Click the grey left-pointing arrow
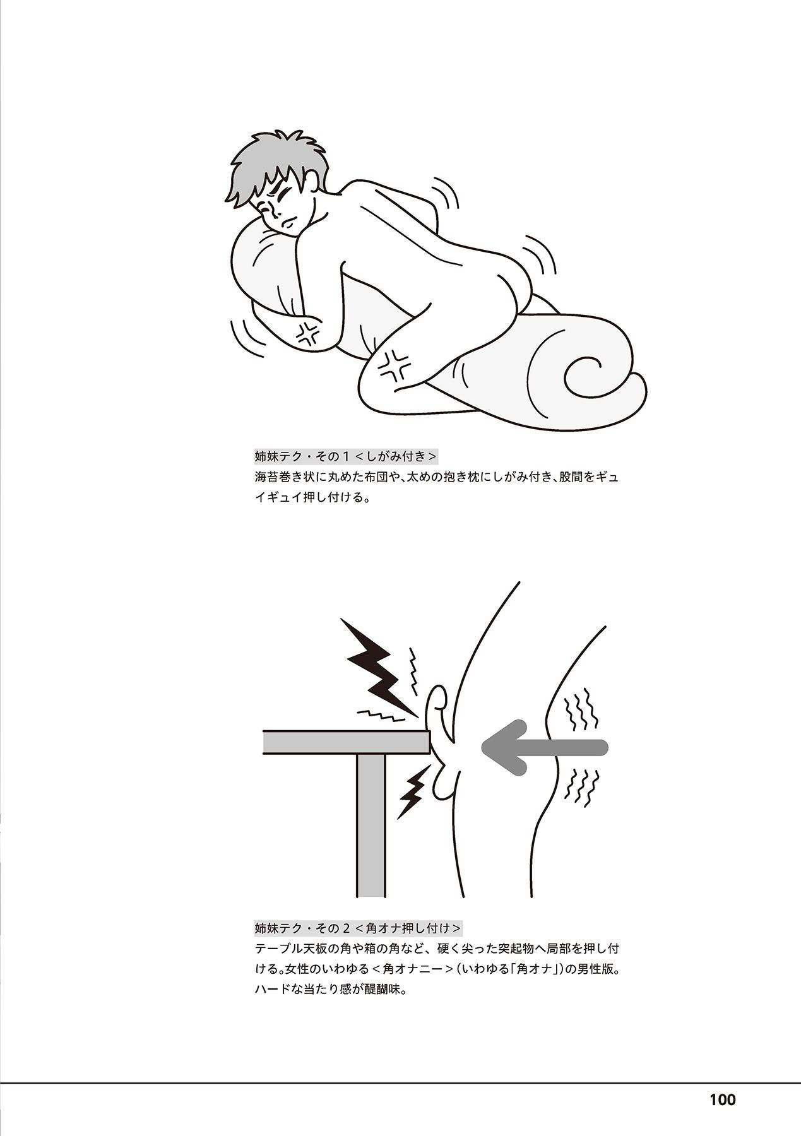pyautogui.click(x=544, y=747)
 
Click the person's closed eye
pyautogui.click(x=287, y=191)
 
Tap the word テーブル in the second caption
pyautogui.click(x=282, y=949)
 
